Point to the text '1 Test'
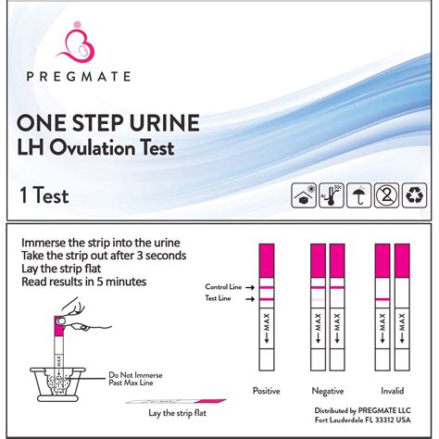click(x=42, y=195)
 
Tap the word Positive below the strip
click(x=267, y=390)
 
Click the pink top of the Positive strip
click(x=266, y=256)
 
